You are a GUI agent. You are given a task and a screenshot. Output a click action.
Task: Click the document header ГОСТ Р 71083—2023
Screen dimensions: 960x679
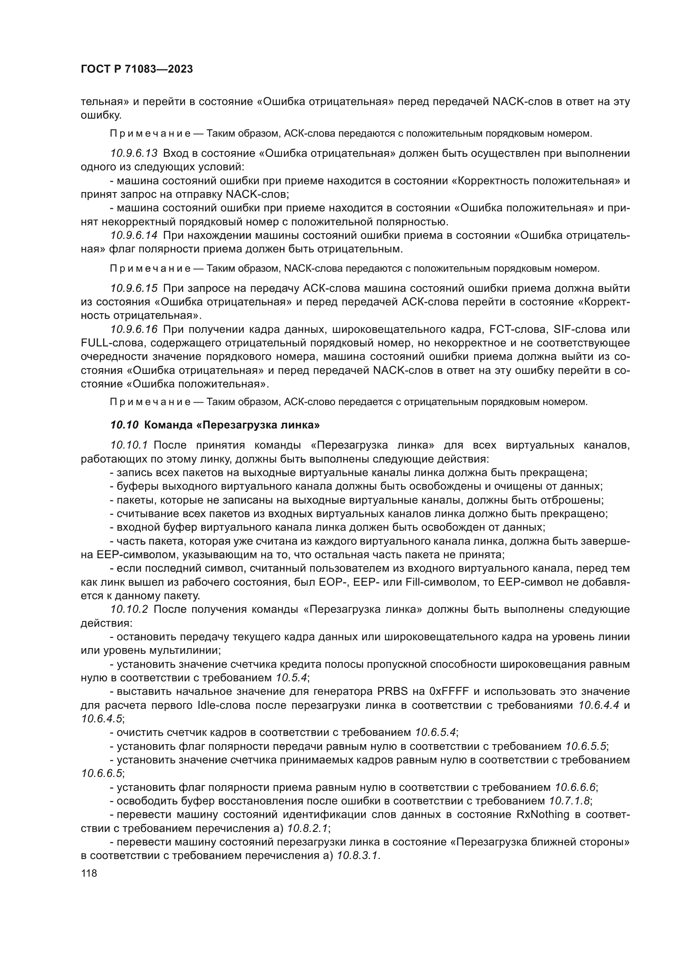point(137,69)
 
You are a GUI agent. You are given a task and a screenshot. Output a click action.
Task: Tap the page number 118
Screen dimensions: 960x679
point(89,873)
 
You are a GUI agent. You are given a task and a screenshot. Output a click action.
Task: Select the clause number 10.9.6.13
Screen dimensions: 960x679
point(134,154)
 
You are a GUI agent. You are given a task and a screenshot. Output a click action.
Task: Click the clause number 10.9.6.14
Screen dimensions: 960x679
point(134,236)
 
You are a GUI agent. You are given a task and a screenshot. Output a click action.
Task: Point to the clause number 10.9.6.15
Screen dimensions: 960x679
point(134,288)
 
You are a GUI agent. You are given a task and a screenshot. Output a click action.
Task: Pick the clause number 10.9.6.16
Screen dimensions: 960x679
point(134,330)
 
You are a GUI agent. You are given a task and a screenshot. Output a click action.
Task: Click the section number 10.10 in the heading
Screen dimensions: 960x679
point(124,425)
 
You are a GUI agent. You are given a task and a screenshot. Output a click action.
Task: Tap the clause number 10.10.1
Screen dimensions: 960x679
point(129,445)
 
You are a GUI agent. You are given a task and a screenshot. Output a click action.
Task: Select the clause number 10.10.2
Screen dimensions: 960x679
point(129,609)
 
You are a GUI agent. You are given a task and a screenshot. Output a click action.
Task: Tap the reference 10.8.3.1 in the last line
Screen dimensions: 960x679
point(358,855)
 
